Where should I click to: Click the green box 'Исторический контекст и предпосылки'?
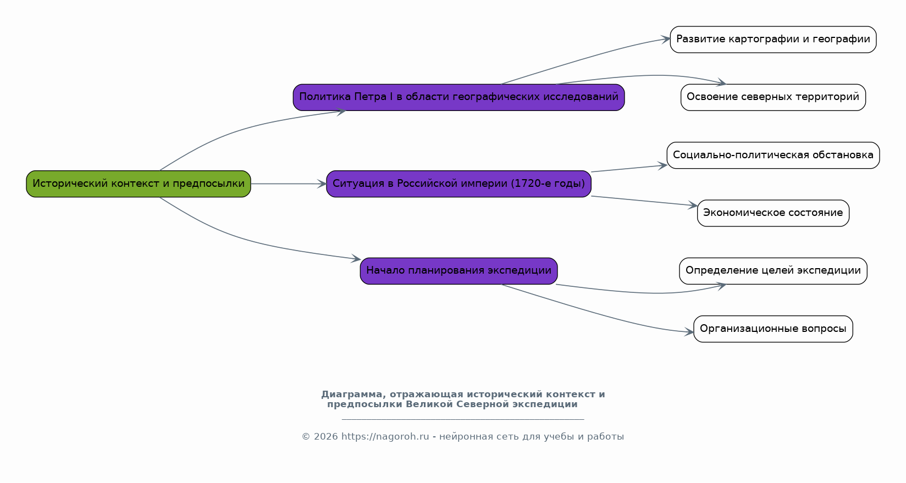pos(139,184)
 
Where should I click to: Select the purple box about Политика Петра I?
pos(458,97)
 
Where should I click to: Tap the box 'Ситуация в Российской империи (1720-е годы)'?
pos(458,184)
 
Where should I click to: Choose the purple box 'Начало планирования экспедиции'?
pos(458,271)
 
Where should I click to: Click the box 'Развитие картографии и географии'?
pos(773,40)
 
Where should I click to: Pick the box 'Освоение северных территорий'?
pos(773,97)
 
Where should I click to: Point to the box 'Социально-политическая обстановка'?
pos(773,155)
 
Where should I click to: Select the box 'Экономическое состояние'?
pos(773,213)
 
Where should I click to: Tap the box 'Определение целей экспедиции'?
pos(773,271)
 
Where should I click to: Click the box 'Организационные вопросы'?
pos(773,329)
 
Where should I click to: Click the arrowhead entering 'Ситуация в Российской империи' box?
pos(322,184)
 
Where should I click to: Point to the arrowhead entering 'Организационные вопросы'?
pos(689,332)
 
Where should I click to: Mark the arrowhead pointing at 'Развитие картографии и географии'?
pos(666,39)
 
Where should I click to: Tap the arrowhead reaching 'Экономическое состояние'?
pos(693,205)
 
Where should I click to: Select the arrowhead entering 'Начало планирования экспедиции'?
pos(356,259)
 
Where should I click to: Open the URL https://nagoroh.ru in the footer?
pos(385,436)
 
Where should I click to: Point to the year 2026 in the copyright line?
pos(325,436)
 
